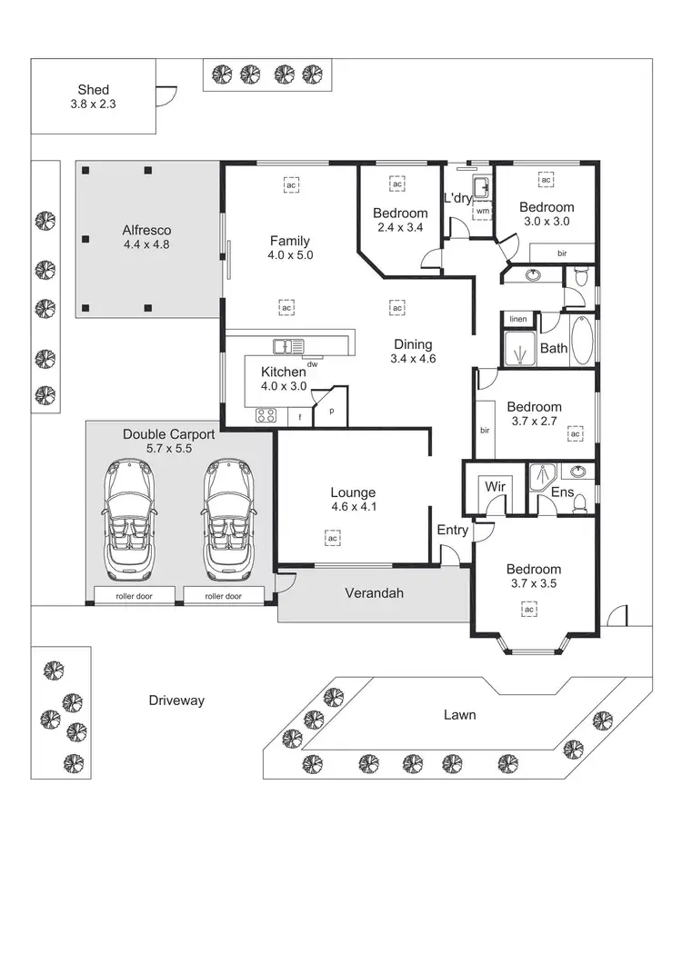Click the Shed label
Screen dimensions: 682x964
94,90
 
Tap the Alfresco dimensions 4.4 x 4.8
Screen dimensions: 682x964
147,244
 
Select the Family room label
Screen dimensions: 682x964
289,241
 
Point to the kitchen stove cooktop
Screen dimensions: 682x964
266,416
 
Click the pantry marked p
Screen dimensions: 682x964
331,411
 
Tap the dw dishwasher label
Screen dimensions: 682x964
311,364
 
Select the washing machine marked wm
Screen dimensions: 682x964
482,211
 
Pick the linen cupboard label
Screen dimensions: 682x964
518,320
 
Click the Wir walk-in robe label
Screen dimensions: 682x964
495,487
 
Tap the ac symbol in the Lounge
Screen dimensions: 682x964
333,538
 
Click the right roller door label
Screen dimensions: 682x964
223,596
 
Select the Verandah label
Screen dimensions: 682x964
374,593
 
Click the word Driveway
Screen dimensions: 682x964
176,701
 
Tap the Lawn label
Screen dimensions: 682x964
459,715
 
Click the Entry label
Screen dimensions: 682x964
452,530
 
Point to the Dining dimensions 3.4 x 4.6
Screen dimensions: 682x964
413,358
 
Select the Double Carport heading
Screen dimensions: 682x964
168,434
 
